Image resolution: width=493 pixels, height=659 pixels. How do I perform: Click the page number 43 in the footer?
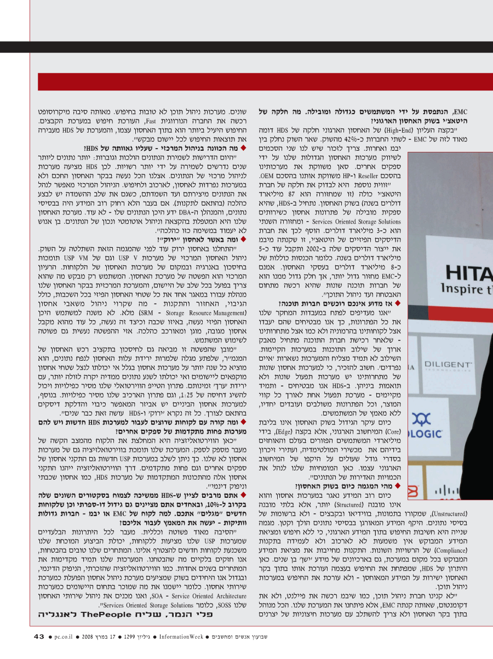pos(38,637)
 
